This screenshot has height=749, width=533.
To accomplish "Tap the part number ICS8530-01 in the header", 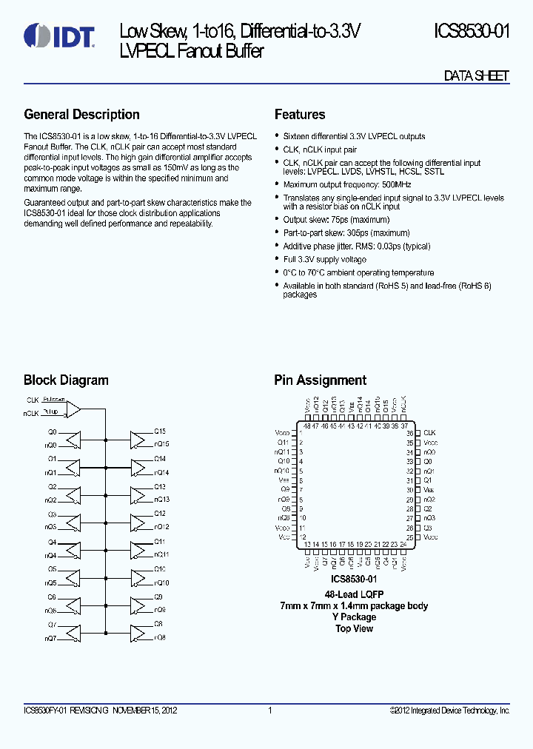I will click(x=471, y=32).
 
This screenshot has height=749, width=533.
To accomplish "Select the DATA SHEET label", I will click(x=476, y=76).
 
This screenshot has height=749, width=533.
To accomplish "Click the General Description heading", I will click(x=81, y=115).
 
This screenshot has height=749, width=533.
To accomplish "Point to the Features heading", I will click(x=300, y=115).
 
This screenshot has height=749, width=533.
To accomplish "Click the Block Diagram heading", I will click(x=66, y=380).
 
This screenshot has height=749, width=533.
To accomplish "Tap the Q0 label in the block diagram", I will click(x=52, y=431).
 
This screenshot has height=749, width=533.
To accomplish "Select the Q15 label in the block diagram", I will click(x=160, y=431).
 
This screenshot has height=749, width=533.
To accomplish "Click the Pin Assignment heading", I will click(x=320, y=380).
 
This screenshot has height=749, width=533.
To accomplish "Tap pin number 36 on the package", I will click(x=410, y=433).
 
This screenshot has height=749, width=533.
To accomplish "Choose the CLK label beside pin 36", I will click(x=429, y=433).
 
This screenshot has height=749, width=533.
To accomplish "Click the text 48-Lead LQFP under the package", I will click(x=353, y=595).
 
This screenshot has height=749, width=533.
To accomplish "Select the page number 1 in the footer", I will click(x=270, y=711).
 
